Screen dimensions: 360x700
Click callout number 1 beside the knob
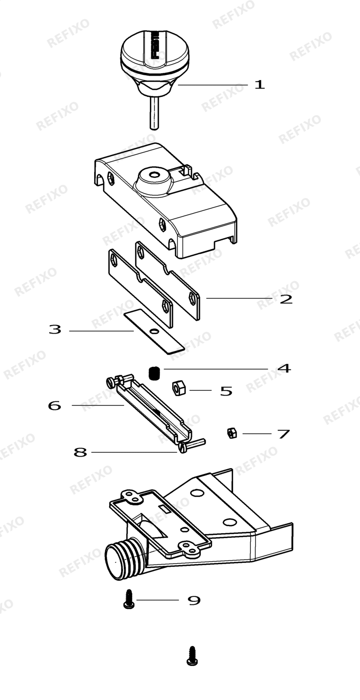pos(260,85)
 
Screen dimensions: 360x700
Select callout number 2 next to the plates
pos(286,299)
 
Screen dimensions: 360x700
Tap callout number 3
pos(55,329)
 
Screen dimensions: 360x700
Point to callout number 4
pos(284,369)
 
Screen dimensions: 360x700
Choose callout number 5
pos(226,391)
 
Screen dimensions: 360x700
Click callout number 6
pos(55,406)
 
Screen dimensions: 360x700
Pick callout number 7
pos(284,434)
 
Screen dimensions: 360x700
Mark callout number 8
pos(80,452)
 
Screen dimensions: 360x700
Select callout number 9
pos(194,600)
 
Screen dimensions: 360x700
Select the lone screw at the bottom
pos(192,656)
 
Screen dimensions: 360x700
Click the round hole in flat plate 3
pos(153,331)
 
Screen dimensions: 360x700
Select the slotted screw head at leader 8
pos(182,449)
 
